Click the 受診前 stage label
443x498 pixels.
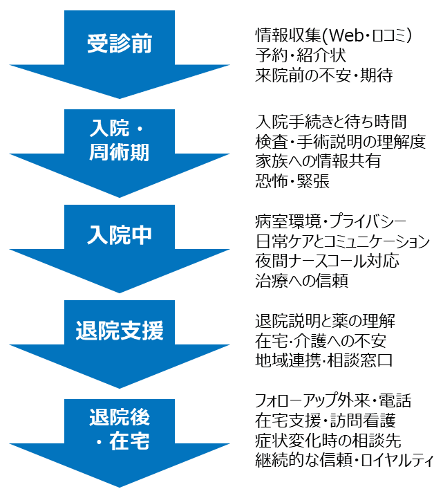tap(120, 44)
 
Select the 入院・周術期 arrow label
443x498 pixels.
tap(120, 141)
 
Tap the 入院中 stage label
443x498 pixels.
tap(120, 235)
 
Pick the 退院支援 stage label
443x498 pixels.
tap(120, 331)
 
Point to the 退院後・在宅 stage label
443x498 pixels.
tap(120, 428)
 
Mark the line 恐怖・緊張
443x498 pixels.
tap(292, 181)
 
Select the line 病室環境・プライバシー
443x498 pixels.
tap(340, 223)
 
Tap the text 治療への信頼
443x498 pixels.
tap(301, 281)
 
